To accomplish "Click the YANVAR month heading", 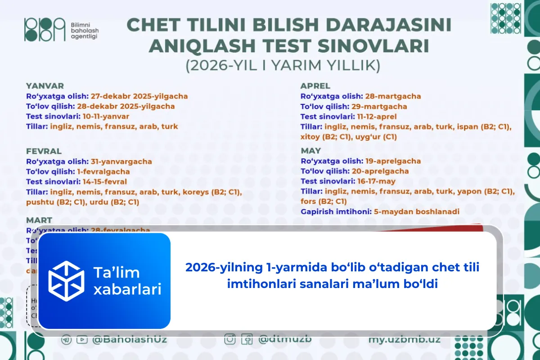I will pos(45,86).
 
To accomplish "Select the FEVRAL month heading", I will pos(44,151).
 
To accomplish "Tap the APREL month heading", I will pos(315,86).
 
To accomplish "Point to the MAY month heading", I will pos(311,151).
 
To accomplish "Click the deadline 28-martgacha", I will pos(393,96).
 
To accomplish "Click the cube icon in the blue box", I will pos(66,281).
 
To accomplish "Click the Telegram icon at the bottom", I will pos(66,340).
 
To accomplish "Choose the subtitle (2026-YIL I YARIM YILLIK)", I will pos(283,66).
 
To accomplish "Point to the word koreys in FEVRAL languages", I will pos(195,192).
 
